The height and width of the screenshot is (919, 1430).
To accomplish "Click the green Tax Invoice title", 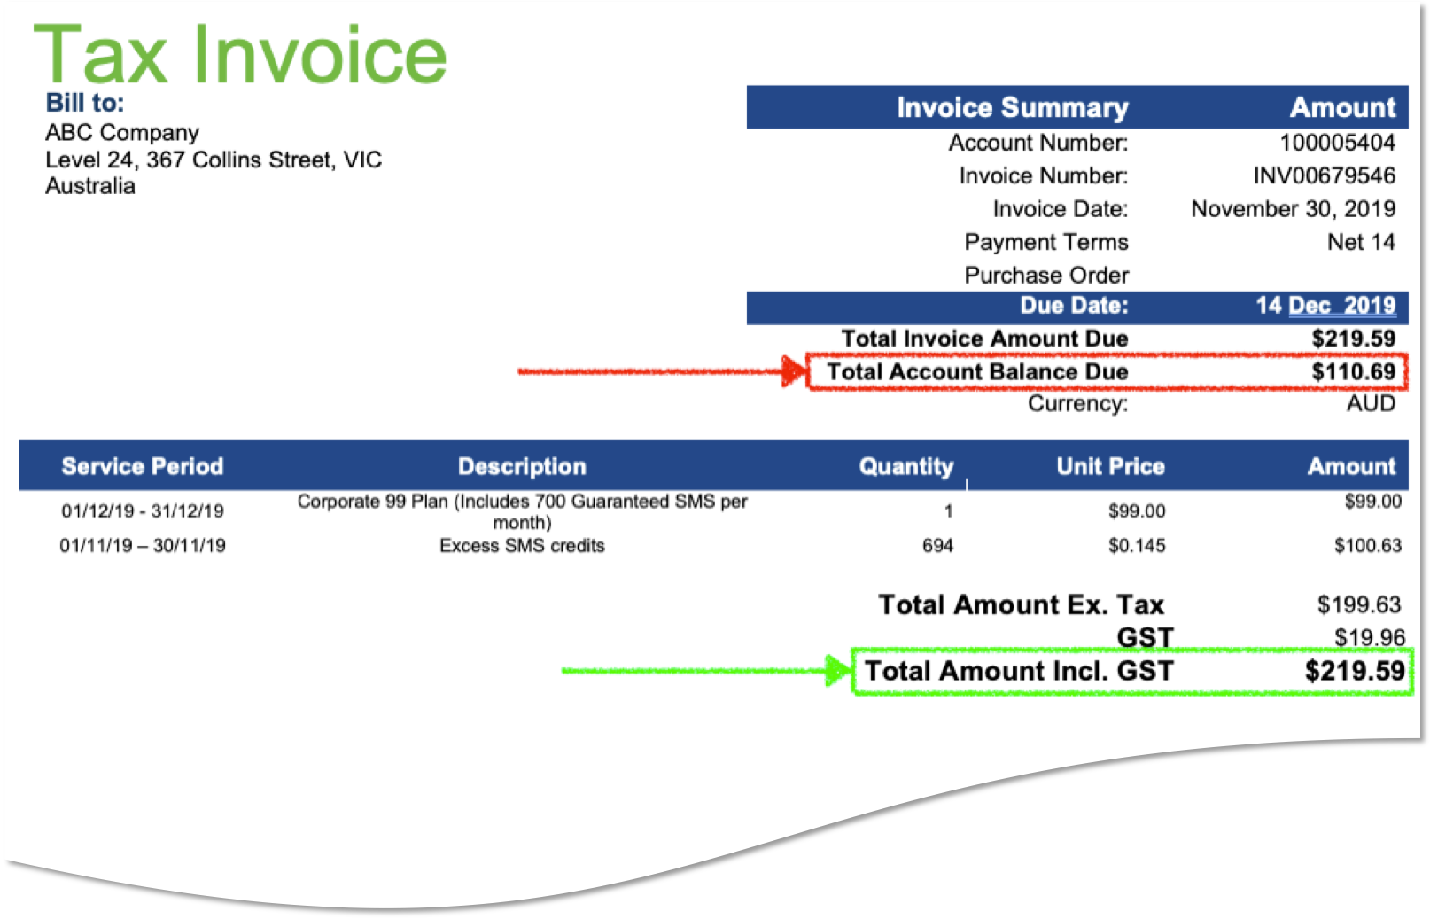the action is [x=239, y=55].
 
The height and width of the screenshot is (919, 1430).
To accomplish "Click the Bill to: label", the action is [x=85, y=103].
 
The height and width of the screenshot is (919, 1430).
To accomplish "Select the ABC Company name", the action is [x=122, y=133].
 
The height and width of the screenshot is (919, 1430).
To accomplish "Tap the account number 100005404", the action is [x=1337, y=143].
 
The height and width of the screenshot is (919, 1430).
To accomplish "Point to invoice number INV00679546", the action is [x=1324, y=175].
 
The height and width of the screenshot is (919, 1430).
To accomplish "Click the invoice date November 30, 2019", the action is [x=1293, y=209].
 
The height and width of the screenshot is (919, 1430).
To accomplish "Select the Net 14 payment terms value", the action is [x=1361, y=242].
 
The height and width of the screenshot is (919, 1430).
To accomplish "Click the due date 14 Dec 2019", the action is [x=1325, y=306].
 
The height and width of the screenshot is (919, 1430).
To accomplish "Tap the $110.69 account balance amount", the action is [x=1353, y=372].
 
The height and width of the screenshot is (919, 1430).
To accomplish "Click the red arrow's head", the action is [x=795, y=371].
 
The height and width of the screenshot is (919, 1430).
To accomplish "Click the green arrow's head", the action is [x=837, y=671].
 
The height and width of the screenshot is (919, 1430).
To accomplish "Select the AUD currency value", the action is [x=1371, y=404].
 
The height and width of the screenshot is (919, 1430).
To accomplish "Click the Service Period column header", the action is [x=143, y=467].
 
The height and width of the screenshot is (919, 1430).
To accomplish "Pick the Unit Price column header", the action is [x=1110, y=467].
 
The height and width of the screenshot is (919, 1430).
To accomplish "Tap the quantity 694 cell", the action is [x=937, y=546].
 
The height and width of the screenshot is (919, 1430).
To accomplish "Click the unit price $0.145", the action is [x=1137, y=546].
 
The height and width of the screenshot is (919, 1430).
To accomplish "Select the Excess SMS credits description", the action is [x=522, y=546].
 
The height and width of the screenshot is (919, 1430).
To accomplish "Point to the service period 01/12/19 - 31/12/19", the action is [x=143, y=511].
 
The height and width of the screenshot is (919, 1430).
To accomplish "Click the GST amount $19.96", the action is [x=1369, y=638].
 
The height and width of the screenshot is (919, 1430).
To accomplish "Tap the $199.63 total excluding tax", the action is [x=1358, y=605].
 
